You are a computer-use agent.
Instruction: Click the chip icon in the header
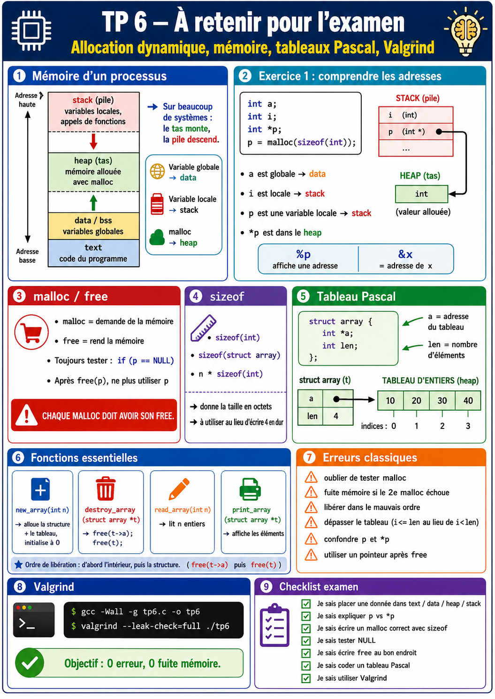(31, 30)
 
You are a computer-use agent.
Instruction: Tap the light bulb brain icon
(465, 30)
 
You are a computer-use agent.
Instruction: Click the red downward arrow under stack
(93, 141)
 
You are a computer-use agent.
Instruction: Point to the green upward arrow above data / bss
(93, 203)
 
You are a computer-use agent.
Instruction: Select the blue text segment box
(94, 253)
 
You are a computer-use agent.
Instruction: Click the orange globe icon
(157, 171)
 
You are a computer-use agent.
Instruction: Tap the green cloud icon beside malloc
(157, 237)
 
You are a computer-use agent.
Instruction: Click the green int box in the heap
(421, 194)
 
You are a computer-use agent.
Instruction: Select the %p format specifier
(303, 254)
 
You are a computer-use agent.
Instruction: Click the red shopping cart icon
(31, 332)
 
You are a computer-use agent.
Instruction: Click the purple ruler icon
(203, 328)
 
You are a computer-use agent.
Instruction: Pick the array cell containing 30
(442, 400)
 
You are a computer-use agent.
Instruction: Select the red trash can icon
(106, 489)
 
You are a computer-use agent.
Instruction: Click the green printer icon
(250, 489)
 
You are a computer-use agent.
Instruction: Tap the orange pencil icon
(179, 489)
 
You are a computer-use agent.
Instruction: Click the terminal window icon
(34, 620)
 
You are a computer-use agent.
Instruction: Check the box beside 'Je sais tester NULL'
(306, 641)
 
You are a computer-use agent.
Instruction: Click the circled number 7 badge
(309, 458)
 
